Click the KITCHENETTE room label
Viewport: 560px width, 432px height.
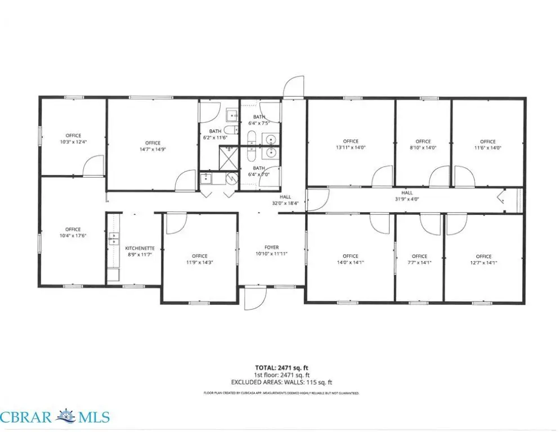140,249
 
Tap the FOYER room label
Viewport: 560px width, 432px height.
271,247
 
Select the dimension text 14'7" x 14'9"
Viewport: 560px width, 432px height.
153,149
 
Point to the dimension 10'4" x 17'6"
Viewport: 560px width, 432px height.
73,236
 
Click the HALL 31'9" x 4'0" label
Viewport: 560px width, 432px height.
407,196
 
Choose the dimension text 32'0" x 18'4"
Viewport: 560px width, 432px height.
285,203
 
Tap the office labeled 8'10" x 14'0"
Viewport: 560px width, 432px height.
423,145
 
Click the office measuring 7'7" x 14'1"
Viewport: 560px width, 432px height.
419,259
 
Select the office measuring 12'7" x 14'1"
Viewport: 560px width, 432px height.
483,259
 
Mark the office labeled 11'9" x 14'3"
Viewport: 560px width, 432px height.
199,259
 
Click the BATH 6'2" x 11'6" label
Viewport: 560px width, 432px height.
215,134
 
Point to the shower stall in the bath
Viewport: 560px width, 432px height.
228,158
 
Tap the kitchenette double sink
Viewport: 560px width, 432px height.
114,238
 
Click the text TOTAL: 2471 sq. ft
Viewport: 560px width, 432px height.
282,368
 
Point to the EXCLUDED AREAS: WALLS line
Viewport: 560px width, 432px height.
282,382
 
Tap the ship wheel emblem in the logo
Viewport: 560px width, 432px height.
66,416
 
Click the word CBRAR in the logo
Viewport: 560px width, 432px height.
26,417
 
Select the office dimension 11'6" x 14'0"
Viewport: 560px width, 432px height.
488,148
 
